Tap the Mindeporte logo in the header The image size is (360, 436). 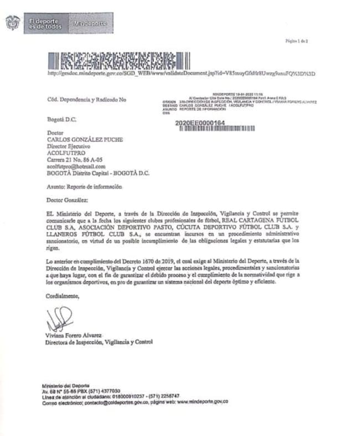tap(90, 24)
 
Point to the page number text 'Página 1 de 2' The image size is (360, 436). tap(296, 41)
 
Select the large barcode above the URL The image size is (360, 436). tap(119, 60)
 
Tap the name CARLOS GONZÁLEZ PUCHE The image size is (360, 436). tap(85, 140)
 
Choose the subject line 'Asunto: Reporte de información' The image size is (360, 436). tap(84, 187)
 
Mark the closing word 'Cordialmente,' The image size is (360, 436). tap(63, 296)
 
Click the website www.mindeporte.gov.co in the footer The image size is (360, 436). tap(202, 402)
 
